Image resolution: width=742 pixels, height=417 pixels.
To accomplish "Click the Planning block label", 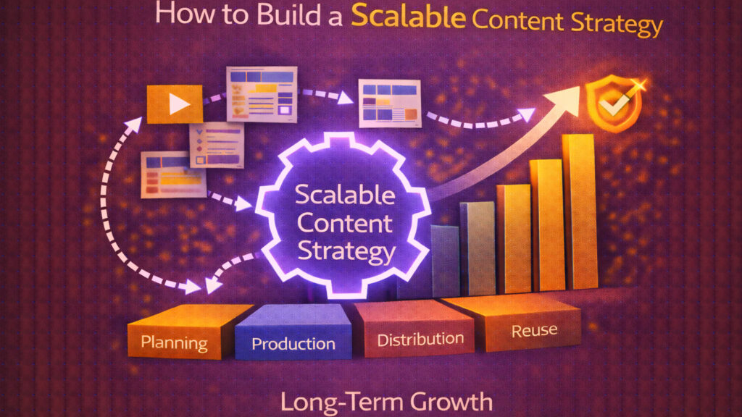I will point(175,342).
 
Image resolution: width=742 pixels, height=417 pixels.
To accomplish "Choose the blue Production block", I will point(293,343).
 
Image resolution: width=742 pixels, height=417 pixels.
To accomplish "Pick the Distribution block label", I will point(420,339).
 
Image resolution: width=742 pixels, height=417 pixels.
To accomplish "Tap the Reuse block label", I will point(535,331).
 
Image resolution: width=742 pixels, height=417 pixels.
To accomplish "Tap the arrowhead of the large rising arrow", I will point(569,96).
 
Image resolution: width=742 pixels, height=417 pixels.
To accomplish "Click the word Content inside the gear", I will point(346,224).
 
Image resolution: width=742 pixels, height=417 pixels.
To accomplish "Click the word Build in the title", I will point(272,18).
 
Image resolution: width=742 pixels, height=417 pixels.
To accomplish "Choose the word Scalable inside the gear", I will point(346,195).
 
